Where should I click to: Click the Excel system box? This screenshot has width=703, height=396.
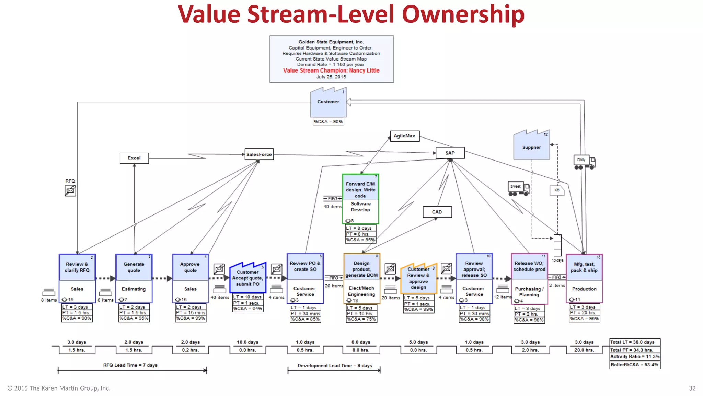pos(134,158)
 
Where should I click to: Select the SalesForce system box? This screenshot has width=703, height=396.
pos(259,154)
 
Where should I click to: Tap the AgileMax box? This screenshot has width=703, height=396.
pos(404,136)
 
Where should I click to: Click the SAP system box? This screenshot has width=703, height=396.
pos(450,153)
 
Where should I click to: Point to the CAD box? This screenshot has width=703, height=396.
pos(437,212)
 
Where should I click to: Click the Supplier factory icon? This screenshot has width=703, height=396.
pos(531,146)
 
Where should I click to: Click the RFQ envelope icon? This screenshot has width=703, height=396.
pos(70,190)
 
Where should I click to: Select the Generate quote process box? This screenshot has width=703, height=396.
pos(134,267)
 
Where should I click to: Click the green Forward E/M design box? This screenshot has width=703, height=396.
pos(360,190)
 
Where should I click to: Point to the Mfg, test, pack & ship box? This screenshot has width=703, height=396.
pos(584,267)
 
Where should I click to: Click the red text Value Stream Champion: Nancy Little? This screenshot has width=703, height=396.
pos(331,70)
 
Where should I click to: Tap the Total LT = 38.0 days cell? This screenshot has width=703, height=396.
pos(635,342)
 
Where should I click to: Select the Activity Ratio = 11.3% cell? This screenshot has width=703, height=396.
pos(635,357)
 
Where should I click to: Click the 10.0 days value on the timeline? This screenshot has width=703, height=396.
pos(247,342)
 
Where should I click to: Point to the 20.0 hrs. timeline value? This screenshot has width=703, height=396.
pos(584,350)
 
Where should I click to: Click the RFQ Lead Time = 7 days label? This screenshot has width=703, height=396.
pos(130,365)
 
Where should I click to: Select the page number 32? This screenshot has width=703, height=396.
pos(692,388)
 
